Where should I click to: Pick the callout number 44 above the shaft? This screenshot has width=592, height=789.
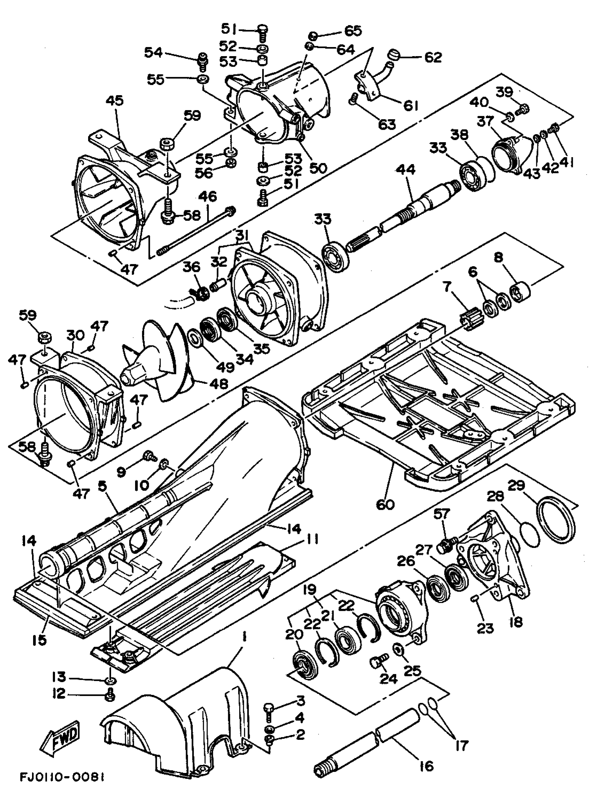(407, 170)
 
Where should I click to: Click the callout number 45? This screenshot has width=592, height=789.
(115, 101)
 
